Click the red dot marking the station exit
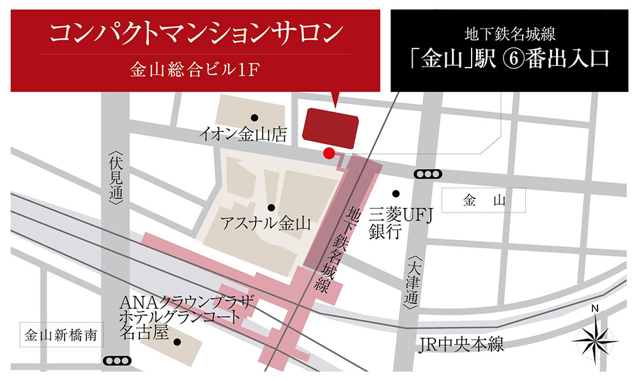(x=328, y=153)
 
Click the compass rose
(x=595, y=339)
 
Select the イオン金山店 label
(x=242, y=134)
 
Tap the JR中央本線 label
(x=460, y=345)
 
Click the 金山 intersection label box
(x=484, y=202)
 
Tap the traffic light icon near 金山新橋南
(x=116, y=360)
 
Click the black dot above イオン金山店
(x=254, y=117)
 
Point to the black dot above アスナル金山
(x=272, y=207)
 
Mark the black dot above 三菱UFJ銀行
(x=396, y=193)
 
